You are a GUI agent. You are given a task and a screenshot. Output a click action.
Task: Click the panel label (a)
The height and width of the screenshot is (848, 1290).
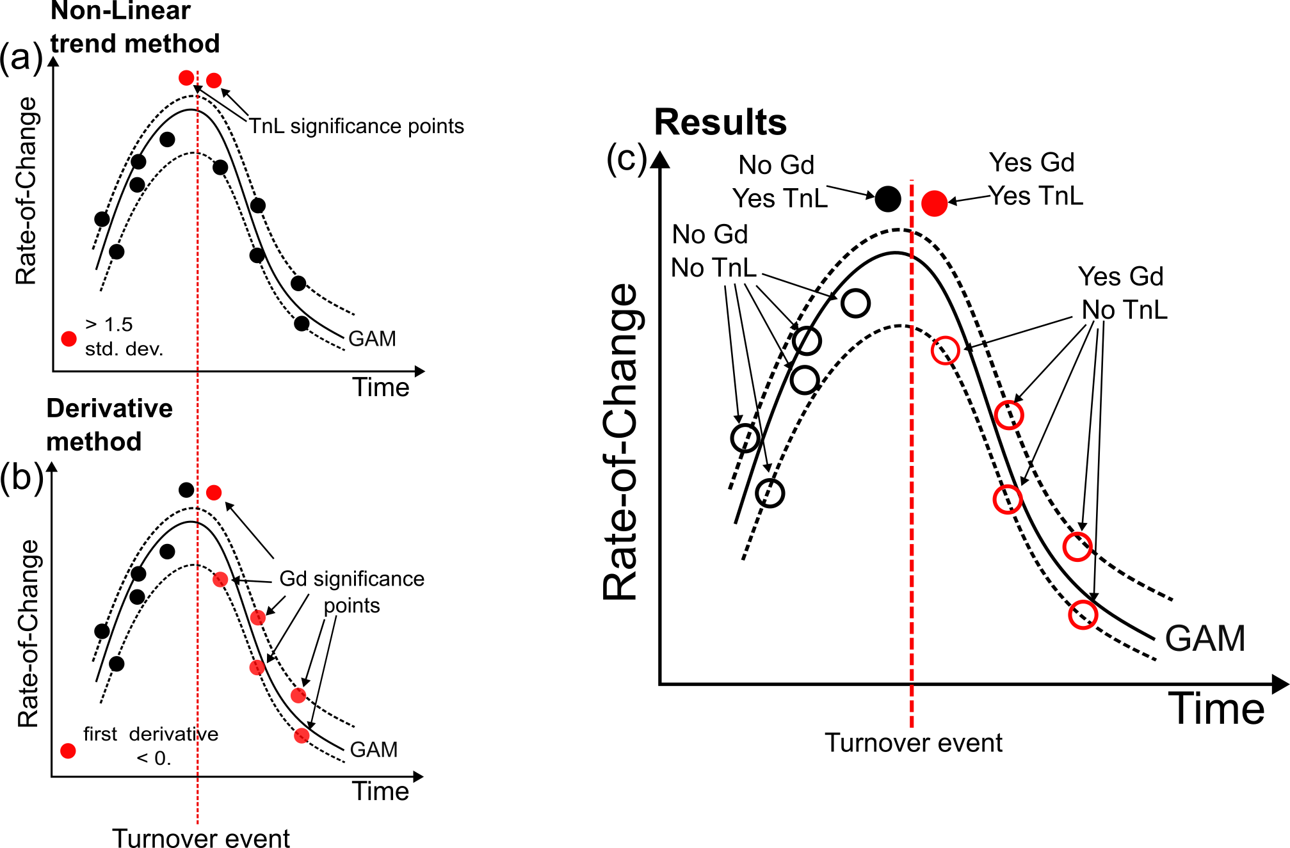22,58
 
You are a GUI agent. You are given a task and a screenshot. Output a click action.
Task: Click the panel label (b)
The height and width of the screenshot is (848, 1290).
22,477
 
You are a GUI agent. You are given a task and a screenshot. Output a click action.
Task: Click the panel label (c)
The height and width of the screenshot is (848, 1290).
627,159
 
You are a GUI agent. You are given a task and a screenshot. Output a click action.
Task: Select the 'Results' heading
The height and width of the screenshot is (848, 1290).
720,122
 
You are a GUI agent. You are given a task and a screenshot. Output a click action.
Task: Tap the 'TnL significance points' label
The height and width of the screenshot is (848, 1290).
356,126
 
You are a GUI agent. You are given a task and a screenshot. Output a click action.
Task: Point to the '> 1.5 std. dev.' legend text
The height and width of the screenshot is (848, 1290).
124,337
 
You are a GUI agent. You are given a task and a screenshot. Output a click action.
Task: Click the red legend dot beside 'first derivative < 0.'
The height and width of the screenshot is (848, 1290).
68,751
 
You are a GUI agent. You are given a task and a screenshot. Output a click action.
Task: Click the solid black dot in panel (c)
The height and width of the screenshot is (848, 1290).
887,199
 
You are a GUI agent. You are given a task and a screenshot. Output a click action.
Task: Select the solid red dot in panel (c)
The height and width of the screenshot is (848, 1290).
934,203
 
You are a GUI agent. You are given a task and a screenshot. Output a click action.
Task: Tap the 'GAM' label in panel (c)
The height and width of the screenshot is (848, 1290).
1205,638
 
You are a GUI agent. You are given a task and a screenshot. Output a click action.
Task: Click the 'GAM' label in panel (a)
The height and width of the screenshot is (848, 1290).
372,338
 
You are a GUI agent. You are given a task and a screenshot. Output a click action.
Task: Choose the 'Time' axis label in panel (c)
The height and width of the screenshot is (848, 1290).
1216,709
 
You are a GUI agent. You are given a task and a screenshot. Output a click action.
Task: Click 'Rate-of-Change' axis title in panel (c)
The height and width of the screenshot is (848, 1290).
621,442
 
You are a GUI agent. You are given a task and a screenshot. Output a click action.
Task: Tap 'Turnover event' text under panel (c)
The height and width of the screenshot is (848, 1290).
914,743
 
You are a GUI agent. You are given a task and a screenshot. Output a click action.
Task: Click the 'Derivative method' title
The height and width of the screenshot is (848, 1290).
109,425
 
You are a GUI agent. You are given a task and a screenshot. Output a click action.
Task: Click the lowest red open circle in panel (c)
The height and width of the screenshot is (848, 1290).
1083,615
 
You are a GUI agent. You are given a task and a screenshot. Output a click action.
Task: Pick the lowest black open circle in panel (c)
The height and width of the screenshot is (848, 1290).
770,493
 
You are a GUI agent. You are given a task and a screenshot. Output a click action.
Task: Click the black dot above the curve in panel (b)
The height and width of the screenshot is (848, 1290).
186,490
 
